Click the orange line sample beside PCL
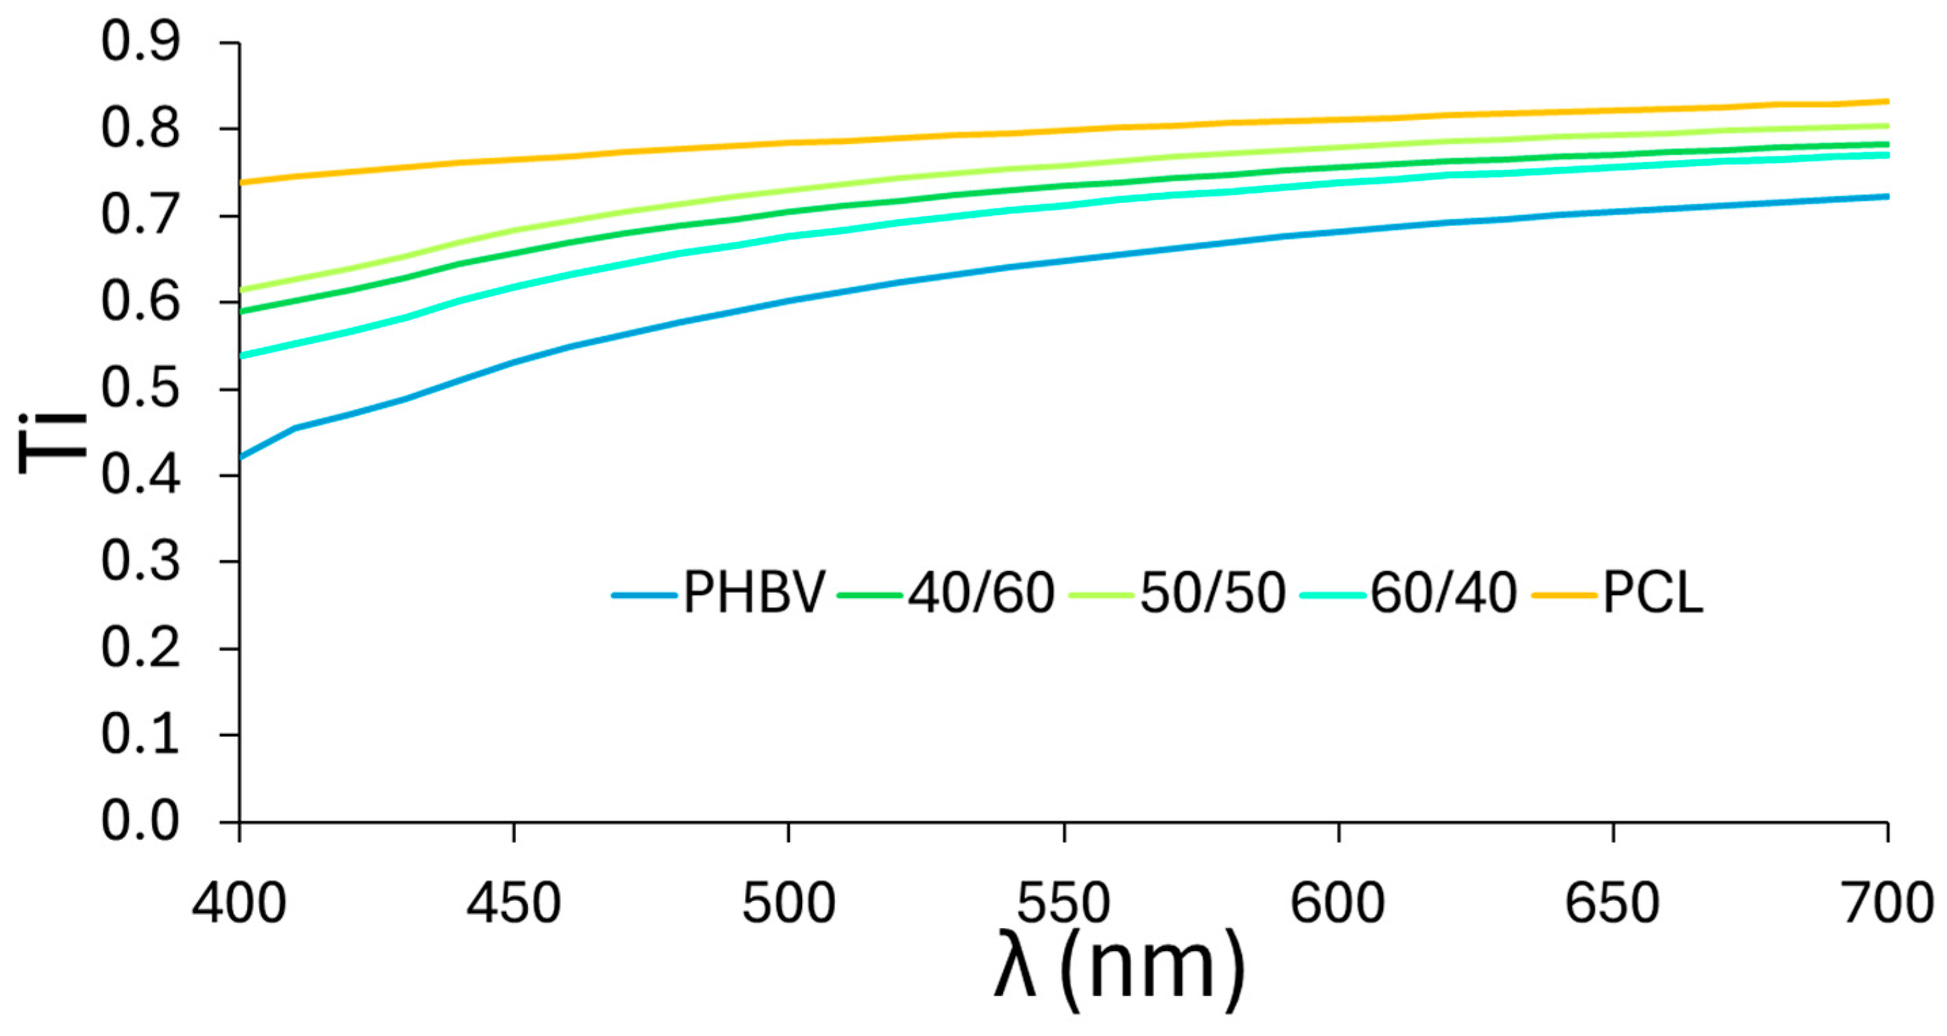(1564, 595)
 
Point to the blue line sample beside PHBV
(643, 595)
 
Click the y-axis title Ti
(53, 443)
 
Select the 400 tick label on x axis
(239, 904)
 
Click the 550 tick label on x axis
(1063, 904)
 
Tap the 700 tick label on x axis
(1887, 904)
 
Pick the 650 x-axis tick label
(1612, 904)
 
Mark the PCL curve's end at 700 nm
(1887, 101)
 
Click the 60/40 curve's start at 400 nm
(240, 356)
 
